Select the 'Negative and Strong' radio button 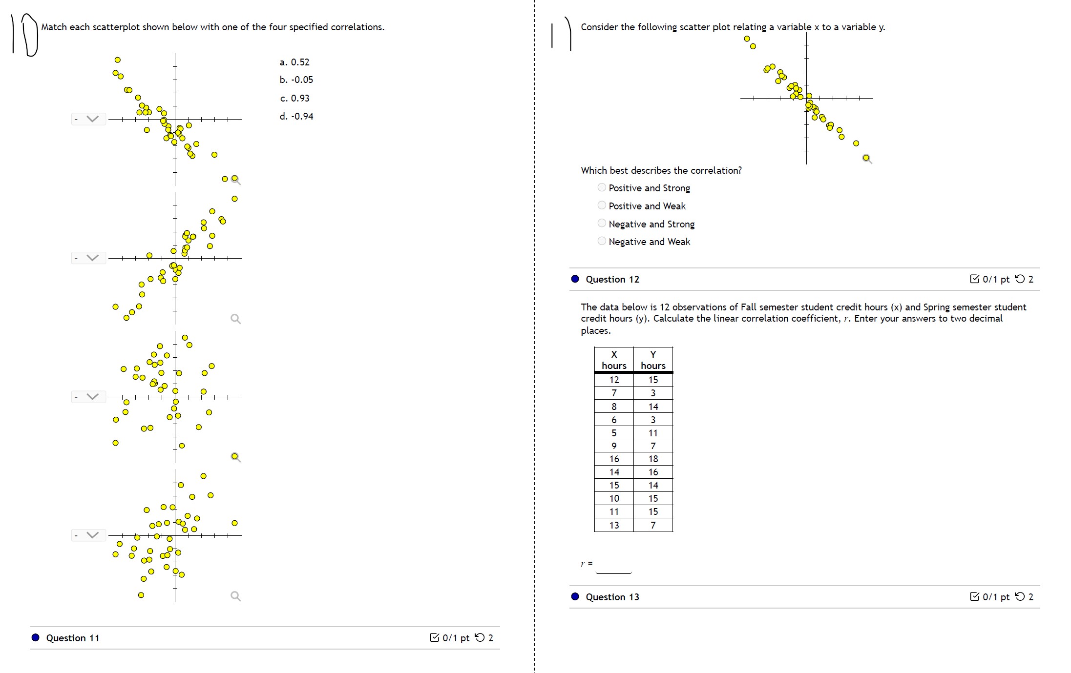click(x=602, y=224)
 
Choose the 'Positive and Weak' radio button click(x=602, y=205)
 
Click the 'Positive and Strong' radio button click(x=602, y=187)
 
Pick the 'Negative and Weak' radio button click(x=602, y=241)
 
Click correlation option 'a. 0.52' click(x=294, y=62)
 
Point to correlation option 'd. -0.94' click(x=296, y=116)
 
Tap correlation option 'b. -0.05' click(x=296, y=80)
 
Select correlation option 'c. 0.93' click(x=295, y=98)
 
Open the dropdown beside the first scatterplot click(x=88, y=119)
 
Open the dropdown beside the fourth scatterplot click(x=88, y=535)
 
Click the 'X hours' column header click(x=614, y=360)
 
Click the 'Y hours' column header click(x=653, y=360)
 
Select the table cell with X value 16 click(x=614, y=459)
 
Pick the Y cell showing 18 click(x=653, y=459)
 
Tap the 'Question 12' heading click(x=612, y=279)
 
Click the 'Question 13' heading click(x=612, y=597)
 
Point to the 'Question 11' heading click(x=73, y=638)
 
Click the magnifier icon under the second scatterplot click(x=235, y=319)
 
